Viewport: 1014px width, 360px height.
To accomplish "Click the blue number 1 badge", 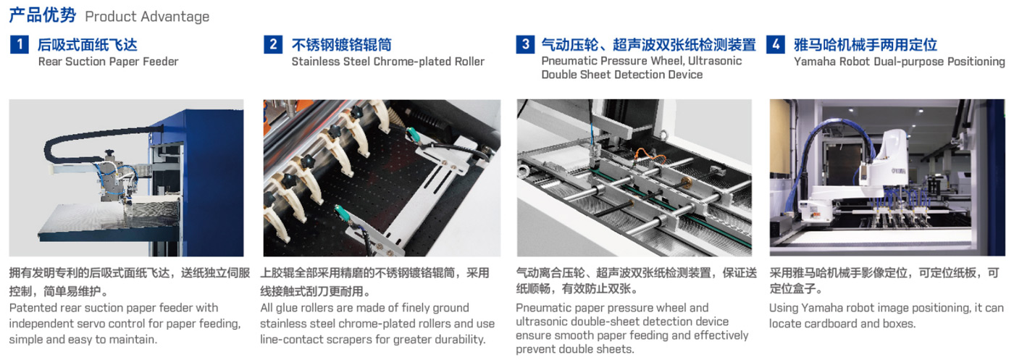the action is tap(19, 45).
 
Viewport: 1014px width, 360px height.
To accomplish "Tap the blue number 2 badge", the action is tap(273, 45).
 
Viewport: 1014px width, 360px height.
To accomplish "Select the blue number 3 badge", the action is tap(525, 44).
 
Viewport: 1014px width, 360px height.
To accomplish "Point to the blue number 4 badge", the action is tap(776, 44).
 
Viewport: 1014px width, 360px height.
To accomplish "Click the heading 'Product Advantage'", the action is tap(147, 17).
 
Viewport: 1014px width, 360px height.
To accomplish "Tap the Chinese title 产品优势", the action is tap(43, 15).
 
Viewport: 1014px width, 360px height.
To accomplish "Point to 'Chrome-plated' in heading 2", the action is tap(412, 62).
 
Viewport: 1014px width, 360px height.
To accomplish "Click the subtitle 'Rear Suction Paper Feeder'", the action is tap(108, 62).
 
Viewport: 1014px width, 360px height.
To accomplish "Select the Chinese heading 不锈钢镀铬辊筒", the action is tap(342, 45).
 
